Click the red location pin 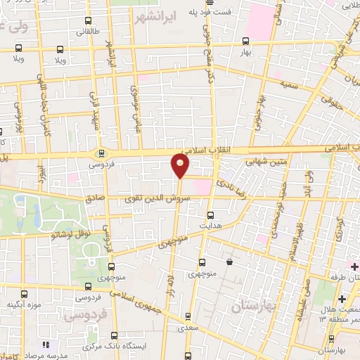[x=181, y=166]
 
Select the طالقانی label [x=78, y=32]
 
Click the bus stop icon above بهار [x=245, y=41]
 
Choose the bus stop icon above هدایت [x=210, y=215]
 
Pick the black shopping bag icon [x=229, y=262]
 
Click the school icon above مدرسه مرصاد [x=46, y=344]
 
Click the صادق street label [x=94, y=199]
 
